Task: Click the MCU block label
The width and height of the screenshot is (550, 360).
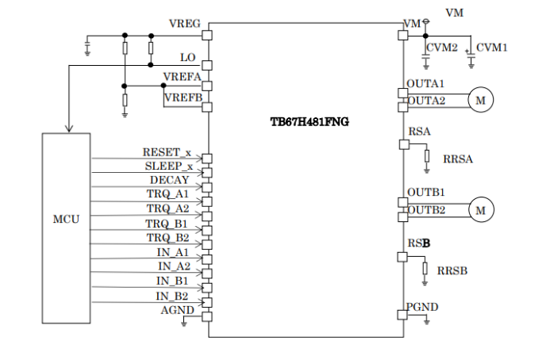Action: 66,218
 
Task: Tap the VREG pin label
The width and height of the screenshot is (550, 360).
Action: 185,24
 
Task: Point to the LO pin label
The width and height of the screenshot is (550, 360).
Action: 188,58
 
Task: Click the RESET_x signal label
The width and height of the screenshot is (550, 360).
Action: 167,151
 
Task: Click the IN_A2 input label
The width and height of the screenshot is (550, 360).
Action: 174,266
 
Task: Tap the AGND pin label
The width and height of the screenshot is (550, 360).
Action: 177,310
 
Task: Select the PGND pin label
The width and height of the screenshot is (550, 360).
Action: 422,307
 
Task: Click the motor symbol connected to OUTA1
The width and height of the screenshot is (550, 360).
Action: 480,100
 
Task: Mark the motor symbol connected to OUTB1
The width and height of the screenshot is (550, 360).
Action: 480,209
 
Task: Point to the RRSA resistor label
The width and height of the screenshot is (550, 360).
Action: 458,159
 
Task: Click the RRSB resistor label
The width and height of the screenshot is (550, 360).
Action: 452,270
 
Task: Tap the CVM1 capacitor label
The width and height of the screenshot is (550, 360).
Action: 492,48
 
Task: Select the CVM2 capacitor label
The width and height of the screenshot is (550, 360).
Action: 442,48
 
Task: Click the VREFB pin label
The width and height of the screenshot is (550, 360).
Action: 183,98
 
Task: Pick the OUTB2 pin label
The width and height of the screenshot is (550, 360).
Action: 426,210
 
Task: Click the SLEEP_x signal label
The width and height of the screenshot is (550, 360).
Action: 168,166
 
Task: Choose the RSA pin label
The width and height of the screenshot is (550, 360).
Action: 419,132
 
